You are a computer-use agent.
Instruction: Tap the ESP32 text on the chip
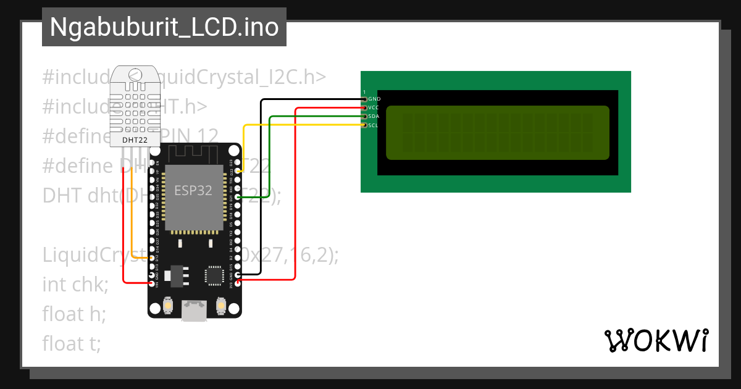click(193, 190)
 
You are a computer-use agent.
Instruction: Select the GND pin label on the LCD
click(374, 99)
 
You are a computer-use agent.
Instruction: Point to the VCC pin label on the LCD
click(374, 107)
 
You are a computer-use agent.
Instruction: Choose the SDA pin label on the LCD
click(374, 116)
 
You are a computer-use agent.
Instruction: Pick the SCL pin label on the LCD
click(374, 125)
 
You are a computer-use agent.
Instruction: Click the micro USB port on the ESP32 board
click(194, 311)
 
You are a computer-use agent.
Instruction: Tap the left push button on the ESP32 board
click(168, 305)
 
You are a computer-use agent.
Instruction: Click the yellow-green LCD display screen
click(498, 133)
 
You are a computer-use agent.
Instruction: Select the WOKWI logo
click(656, 340)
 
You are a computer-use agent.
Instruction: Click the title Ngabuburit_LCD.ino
click(164, 28)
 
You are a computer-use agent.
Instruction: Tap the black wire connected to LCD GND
click(261, 185)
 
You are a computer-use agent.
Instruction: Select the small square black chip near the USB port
click(214, 275)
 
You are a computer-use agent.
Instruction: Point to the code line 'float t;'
click(72, 343)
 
